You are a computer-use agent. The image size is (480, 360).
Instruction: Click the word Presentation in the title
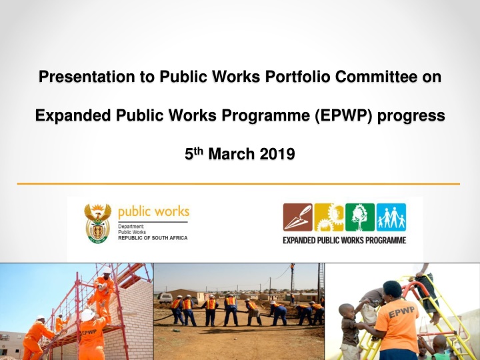click(x=87, y=77)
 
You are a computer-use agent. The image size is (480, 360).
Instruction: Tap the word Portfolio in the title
click(x=297, y=77)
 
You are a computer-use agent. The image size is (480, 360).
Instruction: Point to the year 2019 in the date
click(x=277, y=154)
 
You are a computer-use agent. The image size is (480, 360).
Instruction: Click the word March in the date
click(x=231, y=154)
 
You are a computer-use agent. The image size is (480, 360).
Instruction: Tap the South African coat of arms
click(x=97, y=223)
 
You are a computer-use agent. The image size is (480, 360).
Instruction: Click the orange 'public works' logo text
click(x=154, y=212)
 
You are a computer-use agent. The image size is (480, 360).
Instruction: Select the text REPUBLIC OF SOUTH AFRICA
click(x=153, y=238)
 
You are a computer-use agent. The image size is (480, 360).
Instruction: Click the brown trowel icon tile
click(x=297, y=217)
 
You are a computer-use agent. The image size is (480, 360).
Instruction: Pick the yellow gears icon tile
click(x=329, y=217)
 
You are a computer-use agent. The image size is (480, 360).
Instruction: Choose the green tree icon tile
click(x=360, y=217)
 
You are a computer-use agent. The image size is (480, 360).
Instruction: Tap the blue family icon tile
click(x=391, y=217)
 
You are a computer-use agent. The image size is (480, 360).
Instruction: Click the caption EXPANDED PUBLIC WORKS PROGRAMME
click(x=345, y=240)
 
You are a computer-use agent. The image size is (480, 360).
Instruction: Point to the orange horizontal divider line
click(x=239, y=184)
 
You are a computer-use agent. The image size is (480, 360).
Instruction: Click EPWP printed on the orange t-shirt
click(x=401, y=311)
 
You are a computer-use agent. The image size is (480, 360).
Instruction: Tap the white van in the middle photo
click(x=165, y=298)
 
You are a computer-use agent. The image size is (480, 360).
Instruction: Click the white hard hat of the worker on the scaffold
click(x=107, y=270)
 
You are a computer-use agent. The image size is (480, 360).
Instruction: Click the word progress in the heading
click(x=411, y=116)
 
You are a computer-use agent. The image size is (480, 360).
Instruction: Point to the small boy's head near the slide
click(x=346, y=311)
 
